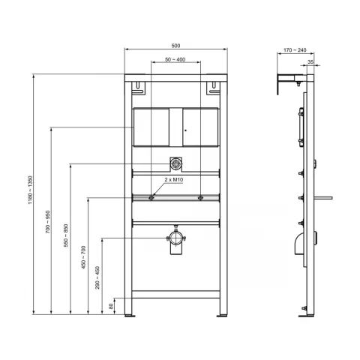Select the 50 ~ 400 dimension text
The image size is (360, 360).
[176, 58]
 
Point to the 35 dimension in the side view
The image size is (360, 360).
[310, 63]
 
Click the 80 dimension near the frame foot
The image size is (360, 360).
[112, 305]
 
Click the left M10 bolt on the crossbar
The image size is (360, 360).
[152, 198]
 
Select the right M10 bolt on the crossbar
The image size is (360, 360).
[200, 198]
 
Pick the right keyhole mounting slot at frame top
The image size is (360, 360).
[211, 91]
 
